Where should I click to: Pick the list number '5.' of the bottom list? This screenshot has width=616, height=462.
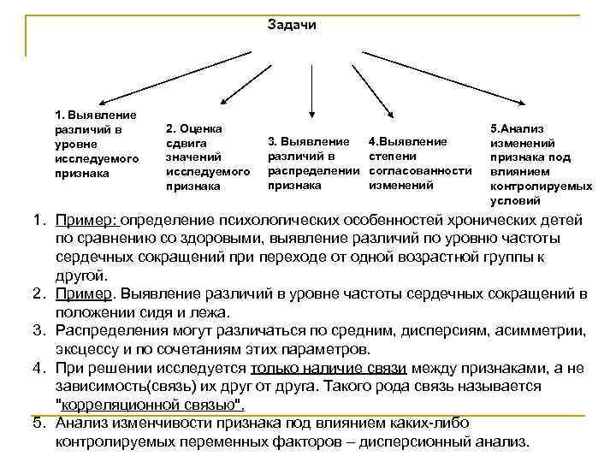pyautogui.click(x=39, y=423)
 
